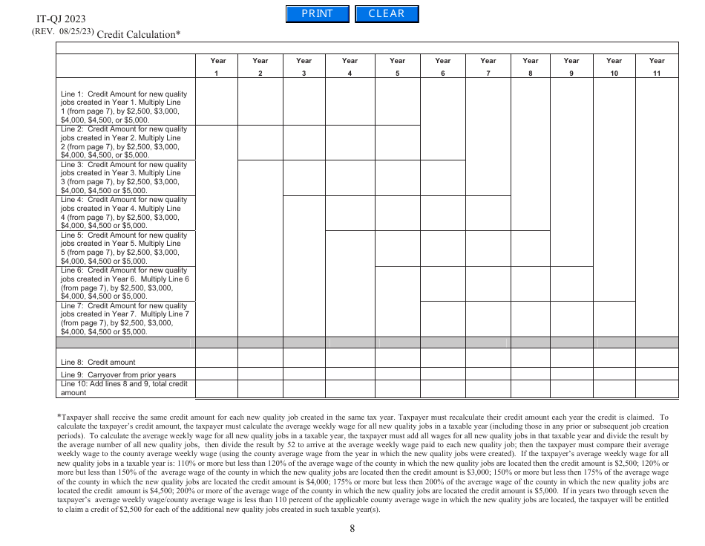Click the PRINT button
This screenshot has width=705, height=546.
(x=317, y=14)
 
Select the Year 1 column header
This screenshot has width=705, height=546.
(x=217, y=66)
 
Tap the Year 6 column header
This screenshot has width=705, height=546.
(x=442, y=66)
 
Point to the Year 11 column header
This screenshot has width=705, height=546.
(x=657, y=66)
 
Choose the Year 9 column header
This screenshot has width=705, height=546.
(x=571, y=66)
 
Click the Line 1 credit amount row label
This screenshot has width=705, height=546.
(x=124, y=107)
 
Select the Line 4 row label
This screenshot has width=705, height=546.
(x=124, y=212)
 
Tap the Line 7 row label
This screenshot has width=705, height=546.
(x=124, y=319)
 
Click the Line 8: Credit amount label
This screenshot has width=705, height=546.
(x=98, y=363)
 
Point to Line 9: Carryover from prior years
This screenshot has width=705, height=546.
(x=118, y=374)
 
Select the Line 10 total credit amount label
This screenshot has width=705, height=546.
(x=124, y=389)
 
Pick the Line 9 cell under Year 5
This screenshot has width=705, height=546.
(x=397, y=374)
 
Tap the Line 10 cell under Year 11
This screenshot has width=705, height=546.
(x=657, y=389)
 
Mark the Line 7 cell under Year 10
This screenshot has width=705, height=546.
(x=614, y=319)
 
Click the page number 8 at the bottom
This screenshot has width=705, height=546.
(x=352, y=529)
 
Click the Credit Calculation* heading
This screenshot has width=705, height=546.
(x=139, y=34)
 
